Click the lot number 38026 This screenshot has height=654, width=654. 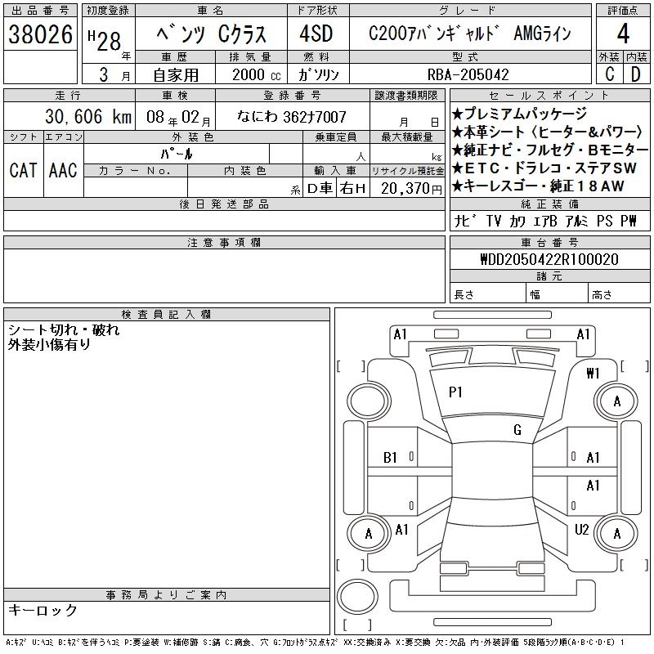click(x=40, y=34)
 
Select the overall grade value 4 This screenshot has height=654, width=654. click(x=623, y=34)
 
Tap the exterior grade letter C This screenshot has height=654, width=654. click(x=609, y=74)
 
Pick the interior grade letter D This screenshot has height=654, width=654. click(x=636, y=74)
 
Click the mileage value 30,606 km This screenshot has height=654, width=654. click(x=88, y=116)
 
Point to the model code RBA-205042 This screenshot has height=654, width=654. click(x=468, y=74)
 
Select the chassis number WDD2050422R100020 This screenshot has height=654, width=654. click(x=549, y=259)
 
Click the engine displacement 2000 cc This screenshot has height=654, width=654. click(x=256, y=75)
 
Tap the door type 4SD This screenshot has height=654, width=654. click(x=316, y=34)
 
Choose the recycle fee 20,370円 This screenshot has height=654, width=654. click(x=411, y=189)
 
